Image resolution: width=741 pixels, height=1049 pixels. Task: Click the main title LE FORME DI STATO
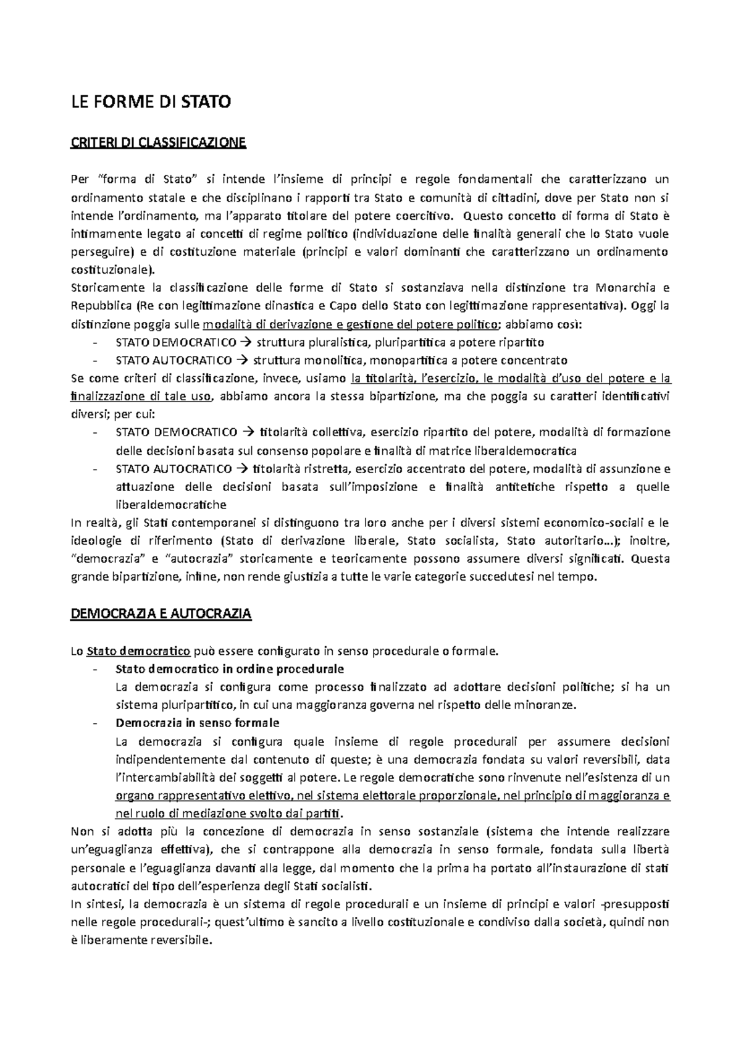point(151,101)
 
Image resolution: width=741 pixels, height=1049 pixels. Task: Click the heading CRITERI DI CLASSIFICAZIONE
point(159,143)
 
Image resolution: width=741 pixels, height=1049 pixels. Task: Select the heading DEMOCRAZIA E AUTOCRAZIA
point(161,614)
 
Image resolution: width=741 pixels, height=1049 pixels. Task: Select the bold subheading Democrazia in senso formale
point(198,723)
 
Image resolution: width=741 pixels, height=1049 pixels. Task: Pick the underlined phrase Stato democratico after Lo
point(138,651)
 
